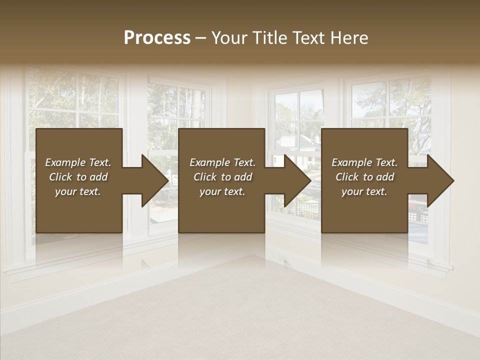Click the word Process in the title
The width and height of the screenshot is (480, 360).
click(x=157, y=38)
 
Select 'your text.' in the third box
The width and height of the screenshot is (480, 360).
click(x=364, y=191)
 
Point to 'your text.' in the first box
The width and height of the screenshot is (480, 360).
click(x=78, y=191)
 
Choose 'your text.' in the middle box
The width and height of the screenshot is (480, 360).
click(x=222, y=191)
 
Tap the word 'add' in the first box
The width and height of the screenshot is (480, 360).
click(x=99, y=177)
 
